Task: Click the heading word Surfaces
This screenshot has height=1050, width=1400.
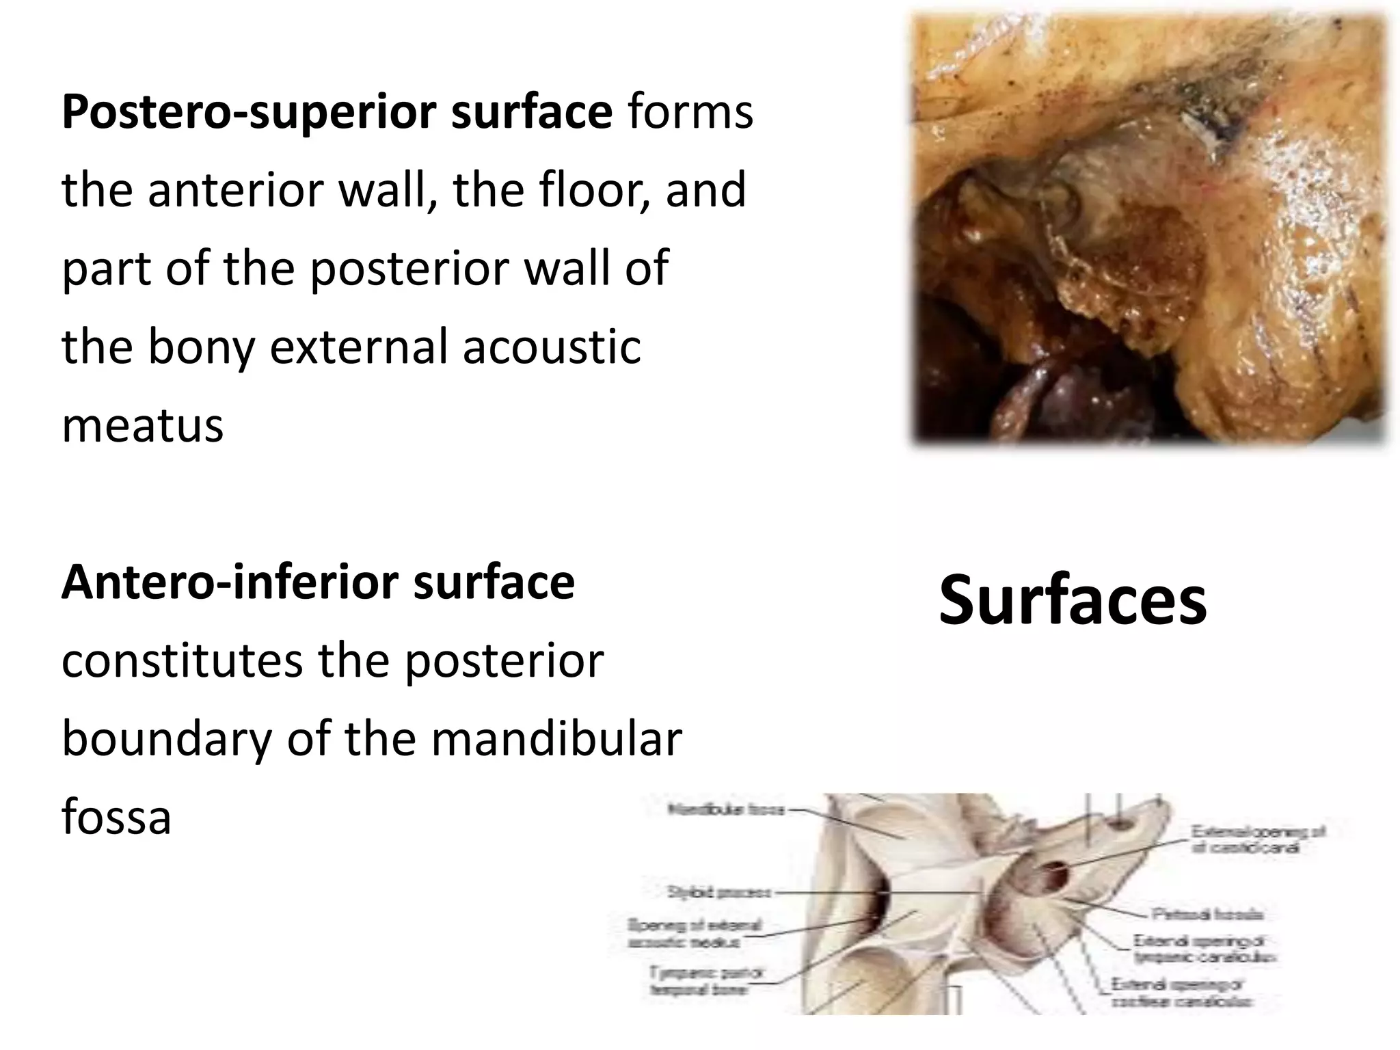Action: point(1073,601)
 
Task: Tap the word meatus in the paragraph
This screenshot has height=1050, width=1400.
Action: point(143,425)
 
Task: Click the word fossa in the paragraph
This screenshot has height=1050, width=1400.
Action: point(116,818)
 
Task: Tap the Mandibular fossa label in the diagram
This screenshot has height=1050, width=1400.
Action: point(727,811)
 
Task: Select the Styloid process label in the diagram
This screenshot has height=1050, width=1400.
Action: point(719,892)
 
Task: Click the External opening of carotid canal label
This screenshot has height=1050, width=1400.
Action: point(1258,839)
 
